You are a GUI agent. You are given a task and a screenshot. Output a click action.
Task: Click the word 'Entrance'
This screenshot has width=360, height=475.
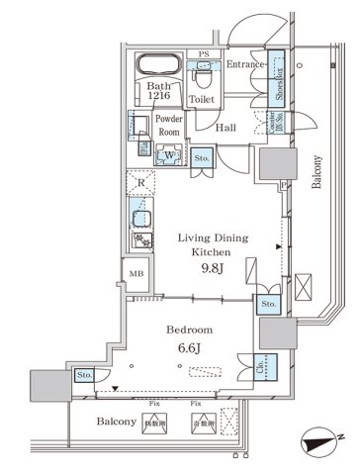(x=245, y=64)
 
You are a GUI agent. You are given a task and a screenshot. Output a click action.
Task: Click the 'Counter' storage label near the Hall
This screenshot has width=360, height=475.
(x=273, y=123)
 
